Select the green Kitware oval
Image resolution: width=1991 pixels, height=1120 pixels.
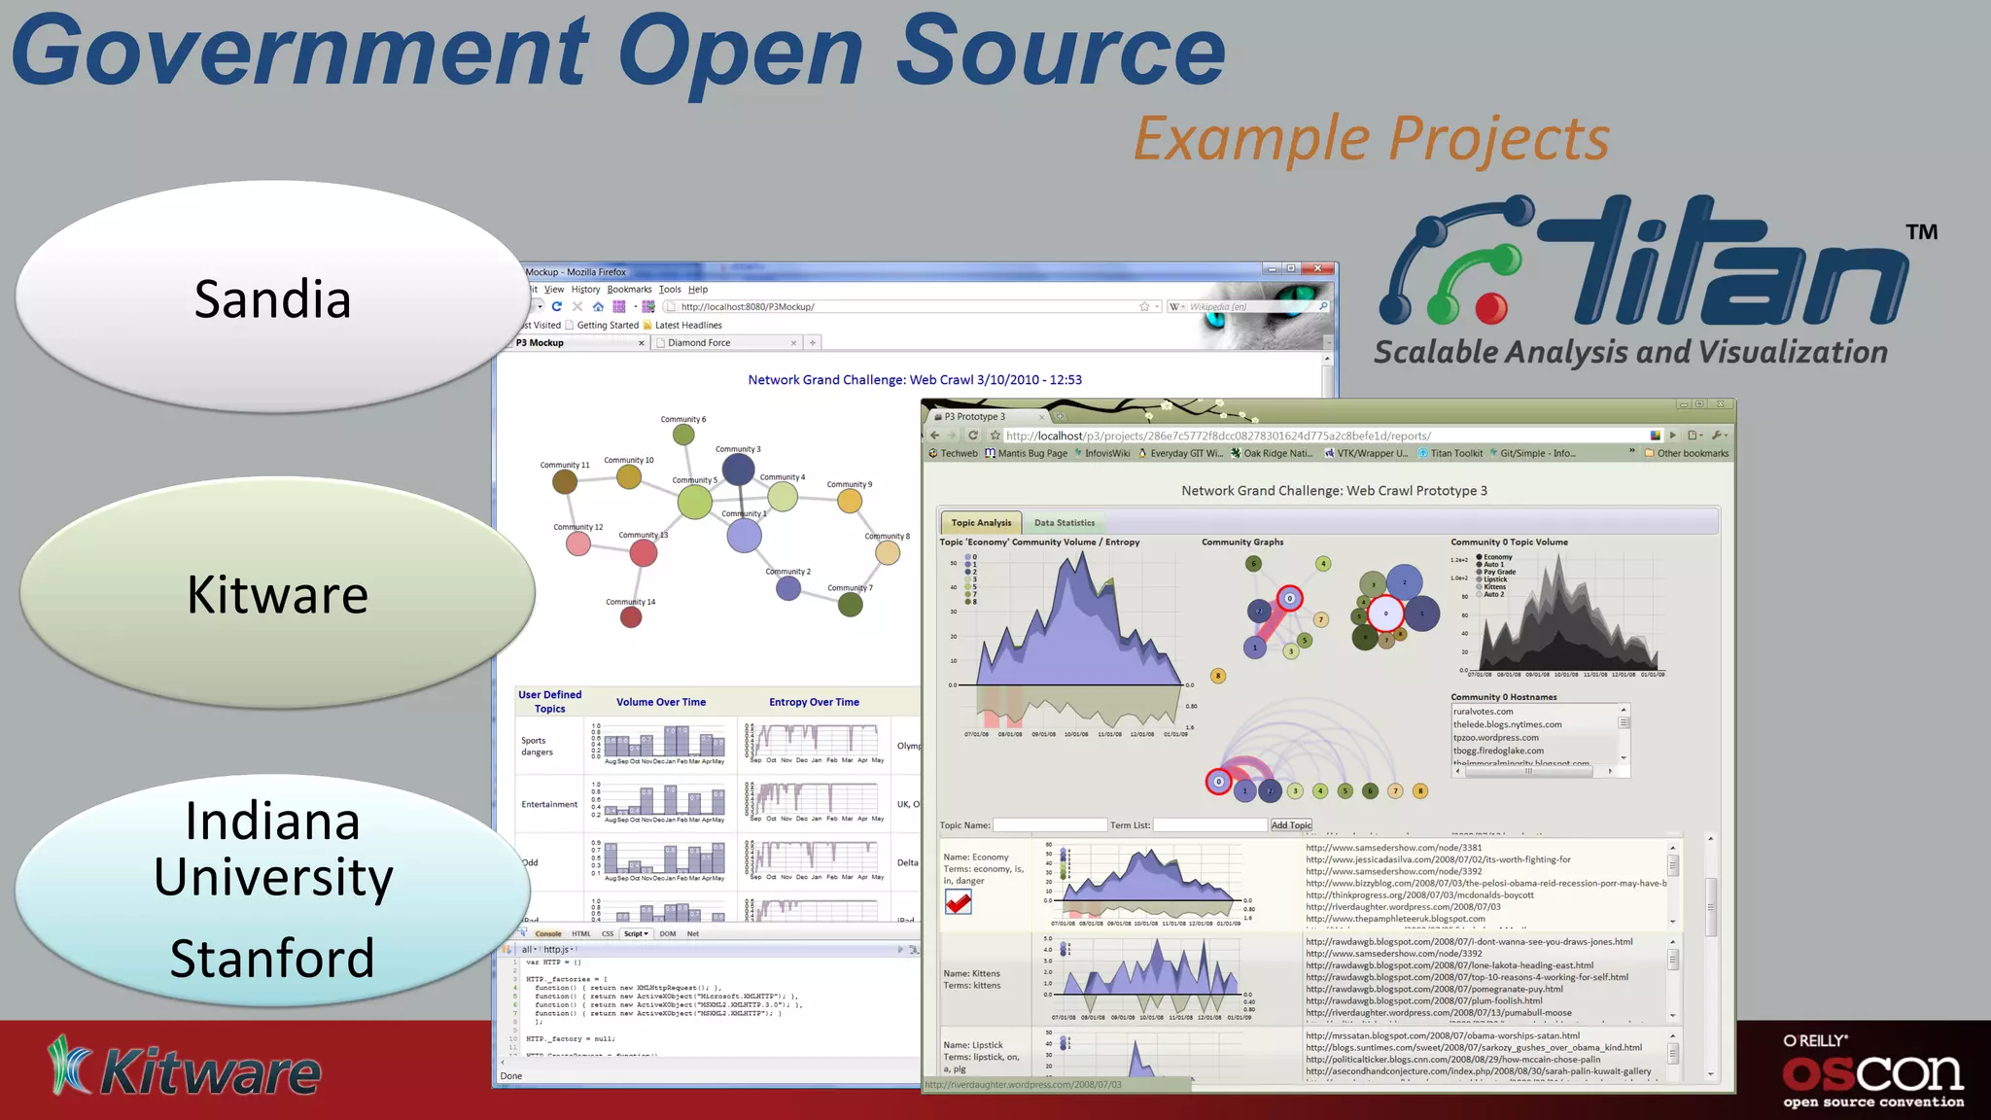click(277, 594)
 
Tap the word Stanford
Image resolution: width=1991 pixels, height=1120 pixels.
click(272, 959)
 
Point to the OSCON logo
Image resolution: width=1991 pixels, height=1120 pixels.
click(1872, 1072)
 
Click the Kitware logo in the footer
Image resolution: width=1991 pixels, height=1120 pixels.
click(185, 1069)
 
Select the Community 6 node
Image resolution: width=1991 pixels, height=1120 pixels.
click(684, 434)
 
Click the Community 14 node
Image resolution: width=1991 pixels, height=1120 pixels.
click(631, 616)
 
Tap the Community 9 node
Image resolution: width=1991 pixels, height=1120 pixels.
click(850, 501)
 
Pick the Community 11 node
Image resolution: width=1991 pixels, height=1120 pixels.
click(565, 480)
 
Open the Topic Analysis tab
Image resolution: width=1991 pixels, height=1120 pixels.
click(981, 523)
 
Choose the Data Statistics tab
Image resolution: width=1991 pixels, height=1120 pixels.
click(1064, 523)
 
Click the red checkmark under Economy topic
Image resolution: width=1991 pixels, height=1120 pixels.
click(959, 903)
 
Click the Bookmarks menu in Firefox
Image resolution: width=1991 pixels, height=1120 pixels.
click(629, 290)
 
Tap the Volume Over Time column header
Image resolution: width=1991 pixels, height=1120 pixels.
click(661, 702)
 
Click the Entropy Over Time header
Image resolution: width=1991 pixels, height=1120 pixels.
click(814, 702)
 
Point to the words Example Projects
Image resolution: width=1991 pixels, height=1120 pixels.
click(1371, 139)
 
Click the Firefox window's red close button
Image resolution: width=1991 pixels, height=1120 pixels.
click(1317, 268)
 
